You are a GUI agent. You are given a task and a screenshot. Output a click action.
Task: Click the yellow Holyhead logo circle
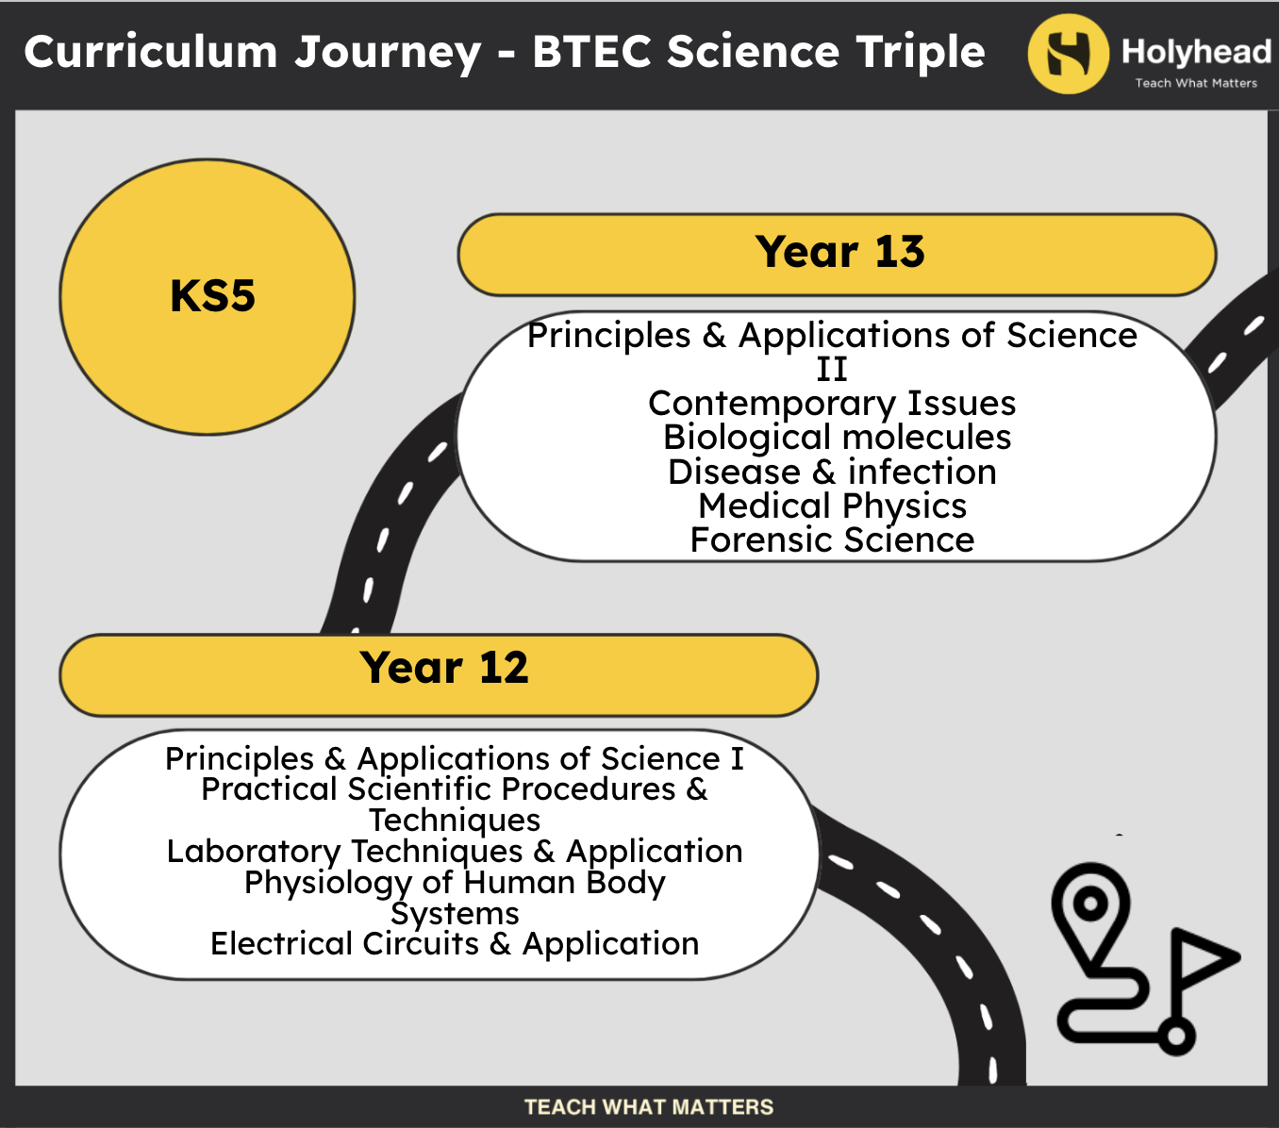(x=1068, y=54)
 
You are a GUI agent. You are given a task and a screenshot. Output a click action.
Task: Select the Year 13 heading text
(x=839, y=252)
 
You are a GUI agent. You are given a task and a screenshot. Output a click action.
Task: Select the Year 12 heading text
(x=444, y=668)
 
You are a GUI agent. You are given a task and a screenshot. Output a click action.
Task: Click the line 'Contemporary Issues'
(x=832, y=404)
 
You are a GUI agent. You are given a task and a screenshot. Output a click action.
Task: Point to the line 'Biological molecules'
(x=837, y=437)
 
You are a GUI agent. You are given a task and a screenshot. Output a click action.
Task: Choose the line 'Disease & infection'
(x=833, y=472)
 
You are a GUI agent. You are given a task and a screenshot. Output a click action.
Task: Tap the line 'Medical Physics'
(x=833, y=506)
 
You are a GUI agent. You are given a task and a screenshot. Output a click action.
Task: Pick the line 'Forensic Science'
(x=833, y=540)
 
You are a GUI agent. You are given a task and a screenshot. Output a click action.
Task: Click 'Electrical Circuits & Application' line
(x=455, y=944)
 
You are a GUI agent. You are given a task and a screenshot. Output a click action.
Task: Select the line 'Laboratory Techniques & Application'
(x=455, y=852)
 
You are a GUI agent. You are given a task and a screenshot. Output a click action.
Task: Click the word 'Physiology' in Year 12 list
(x=327, y=883)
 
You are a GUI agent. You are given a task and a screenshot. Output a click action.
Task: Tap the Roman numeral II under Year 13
(x=832, y=370)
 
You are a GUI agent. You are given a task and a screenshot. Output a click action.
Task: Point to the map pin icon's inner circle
(x=1090, y=904)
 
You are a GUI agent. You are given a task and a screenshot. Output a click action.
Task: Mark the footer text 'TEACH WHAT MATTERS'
(x=649, y=1107)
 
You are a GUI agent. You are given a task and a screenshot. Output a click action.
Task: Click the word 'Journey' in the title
(x=388, y=53)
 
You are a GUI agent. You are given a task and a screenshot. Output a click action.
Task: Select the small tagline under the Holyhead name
(x=1196, y=83)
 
